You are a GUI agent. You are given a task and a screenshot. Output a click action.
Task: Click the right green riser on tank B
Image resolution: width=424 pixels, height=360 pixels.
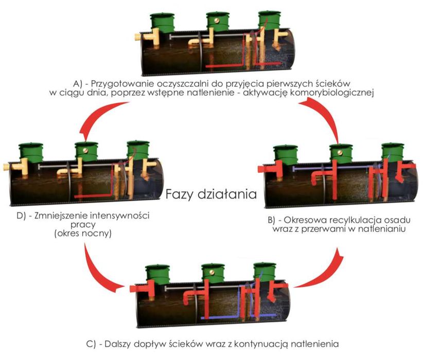tap(393, 153)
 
